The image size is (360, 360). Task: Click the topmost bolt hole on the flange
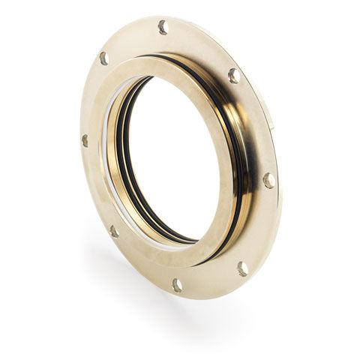point(163,28)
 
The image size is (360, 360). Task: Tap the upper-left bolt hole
point(104,58)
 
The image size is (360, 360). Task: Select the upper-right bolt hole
point(234,75)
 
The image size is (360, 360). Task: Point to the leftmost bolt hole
point(85,140)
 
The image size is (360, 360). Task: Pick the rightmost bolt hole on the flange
point(268,180)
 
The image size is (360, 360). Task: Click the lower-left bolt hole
point(114,231)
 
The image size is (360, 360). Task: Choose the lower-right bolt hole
point(242,268)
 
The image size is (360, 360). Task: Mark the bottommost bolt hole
point(177,285)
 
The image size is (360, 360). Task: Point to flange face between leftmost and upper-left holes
point(90,97)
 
